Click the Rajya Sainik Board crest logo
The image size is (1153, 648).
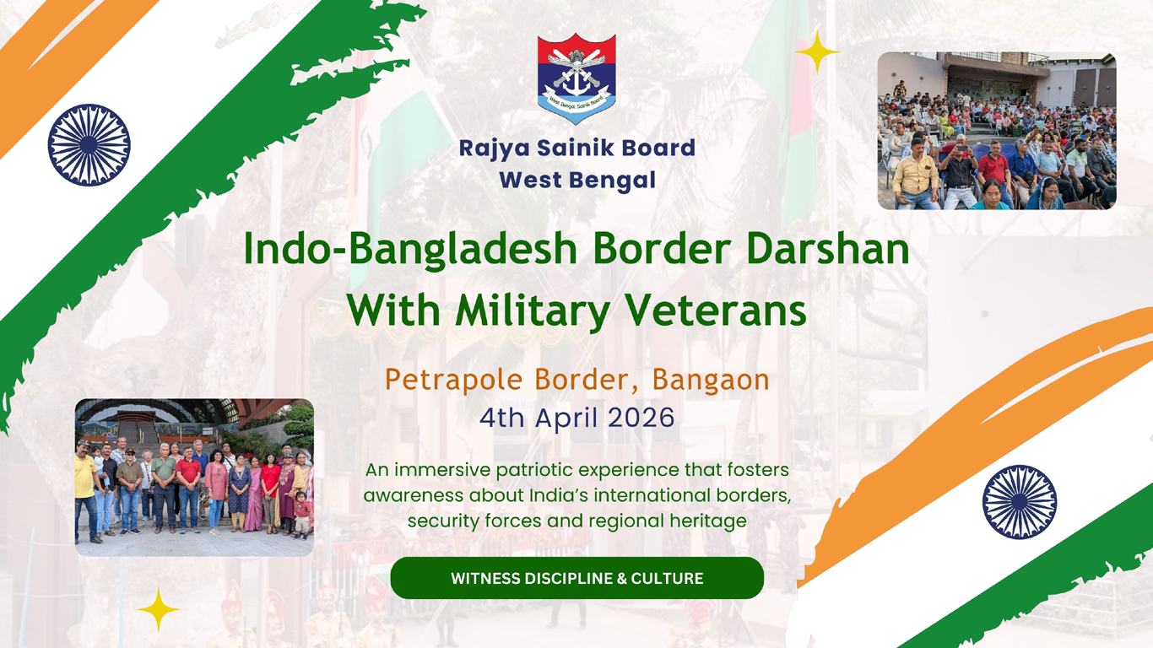coord(576,78)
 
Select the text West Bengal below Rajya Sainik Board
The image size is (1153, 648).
coord(577,180)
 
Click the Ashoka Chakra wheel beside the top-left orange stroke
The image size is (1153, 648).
coord(89,144)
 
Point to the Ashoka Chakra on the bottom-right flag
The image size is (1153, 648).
coord(1020,502)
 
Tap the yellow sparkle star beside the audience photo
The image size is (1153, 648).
coord(816,53)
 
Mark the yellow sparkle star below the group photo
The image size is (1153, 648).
coord(159,609)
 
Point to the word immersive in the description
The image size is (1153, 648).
coord(436,469)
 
